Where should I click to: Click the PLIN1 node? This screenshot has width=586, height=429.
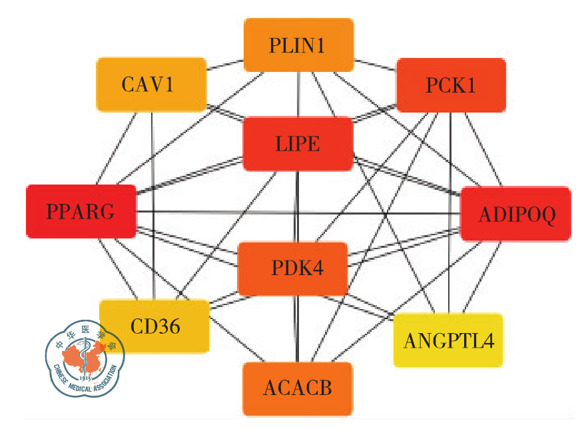tap(298, 45)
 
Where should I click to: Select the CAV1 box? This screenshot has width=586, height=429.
tap(150, 85)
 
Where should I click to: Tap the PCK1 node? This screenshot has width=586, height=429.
tap(451, 85)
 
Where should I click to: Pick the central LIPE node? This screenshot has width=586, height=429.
tap(298, 143)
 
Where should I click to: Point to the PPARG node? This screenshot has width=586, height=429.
tap(81, 212)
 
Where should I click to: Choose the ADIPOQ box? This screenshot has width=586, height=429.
tap(515, 214)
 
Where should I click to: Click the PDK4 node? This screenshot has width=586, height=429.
tap(293, 269)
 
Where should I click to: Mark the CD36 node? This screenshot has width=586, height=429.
tap(154, 326)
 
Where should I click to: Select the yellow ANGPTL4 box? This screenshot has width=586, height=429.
tap(448, 340)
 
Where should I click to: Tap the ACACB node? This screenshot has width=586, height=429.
tap(297, 388)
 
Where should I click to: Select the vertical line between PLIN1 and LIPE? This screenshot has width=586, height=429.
tap(298, 95)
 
